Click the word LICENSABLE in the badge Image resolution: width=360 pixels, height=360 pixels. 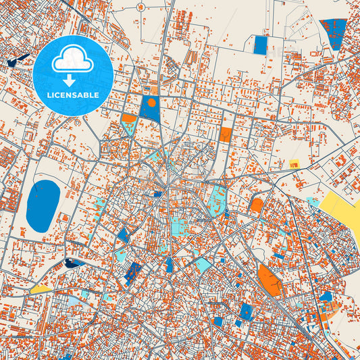[73, 95]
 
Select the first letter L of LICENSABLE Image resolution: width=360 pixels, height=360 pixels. [49, 95]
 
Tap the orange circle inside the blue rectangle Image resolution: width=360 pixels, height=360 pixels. [152, 103]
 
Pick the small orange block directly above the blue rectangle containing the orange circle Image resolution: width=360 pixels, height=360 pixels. [154, 91]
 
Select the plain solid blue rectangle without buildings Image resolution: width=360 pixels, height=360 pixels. [260, 45]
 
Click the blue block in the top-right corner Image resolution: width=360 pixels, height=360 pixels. [333, 32]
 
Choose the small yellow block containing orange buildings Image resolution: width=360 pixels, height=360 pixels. [294, 164]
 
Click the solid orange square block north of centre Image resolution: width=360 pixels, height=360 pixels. [226, 134]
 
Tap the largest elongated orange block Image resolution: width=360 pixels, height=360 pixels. [269, 280]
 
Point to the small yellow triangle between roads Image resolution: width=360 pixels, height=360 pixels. [41, 289]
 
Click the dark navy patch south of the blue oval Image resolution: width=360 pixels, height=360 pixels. [73, 262]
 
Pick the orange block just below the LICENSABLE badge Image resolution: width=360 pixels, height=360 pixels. [128, 118]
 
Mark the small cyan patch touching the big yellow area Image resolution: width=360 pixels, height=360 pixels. [313, 201]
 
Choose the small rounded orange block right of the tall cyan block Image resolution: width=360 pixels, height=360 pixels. [257, 205]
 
